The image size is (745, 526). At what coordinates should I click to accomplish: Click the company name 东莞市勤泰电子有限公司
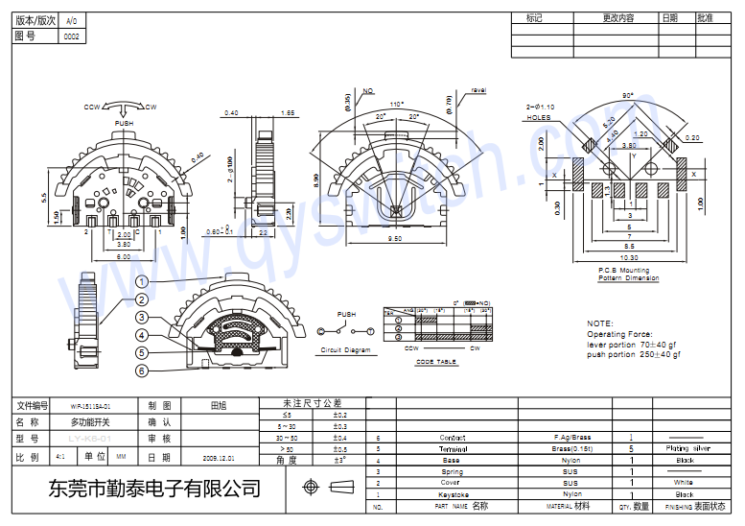[x=153, y=489]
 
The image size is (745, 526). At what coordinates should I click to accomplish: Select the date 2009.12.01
[x=218, y=458]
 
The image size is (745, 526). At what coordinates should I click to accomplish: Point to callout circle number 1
[x=141, y=281]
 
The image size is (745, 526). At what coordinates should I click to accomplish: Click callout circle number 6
[x=141, y=371]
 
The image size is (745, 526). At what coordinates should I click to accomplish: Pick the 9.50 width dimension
[x=394, y=240]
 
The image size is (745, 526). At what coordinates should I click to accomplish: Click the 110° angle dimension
[x=397, y=104]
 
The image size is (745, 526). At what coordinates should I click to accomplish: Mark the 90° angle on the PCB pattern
[x=628, y=96]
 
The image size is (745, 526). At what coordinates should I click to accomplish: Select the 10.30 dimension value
[x=629, y=257]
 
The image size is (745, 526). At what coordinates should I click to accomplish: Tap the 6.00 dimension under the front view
[x=125, y=258]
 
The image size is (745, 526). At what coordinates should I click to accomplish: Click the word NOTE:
[x=600, y=323]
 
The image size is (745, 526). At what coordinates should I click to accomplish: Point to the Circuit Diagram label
[x=345, y=350]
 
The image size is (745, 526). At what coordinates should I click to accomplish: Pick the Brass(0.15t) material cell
[x=571, y=448]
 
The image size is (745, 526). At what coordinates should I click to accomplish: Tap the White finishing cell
[x=684, y=483]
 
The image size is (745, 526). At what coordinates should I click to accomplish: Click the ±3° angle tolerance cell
[x=339, y=460]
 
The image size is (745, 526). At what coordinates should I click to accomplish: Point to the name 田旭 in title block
[x=218, y=406]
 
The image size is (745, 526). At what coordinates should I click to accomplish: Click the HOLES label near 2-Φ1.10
[x=539, y=117]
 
